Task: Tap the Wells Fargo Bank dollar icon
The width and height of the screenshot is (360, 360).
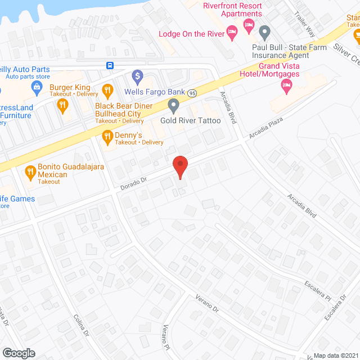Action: click(x=137, y=75)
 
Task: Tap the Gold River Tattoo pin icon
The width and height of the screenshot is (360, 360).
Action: click(x=174, y=105)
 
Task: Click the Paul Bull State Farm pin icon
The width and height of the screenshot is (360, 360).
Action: click(x=265, y=32)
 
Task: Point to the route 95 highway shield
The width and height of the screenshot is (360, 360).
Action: click(x=192, y=92)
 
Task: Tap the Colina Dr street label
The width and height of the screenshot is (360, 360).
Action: click(x=82, y=326)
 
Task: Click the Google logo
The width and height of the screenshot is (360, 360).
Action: click(x=18, y=353)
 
